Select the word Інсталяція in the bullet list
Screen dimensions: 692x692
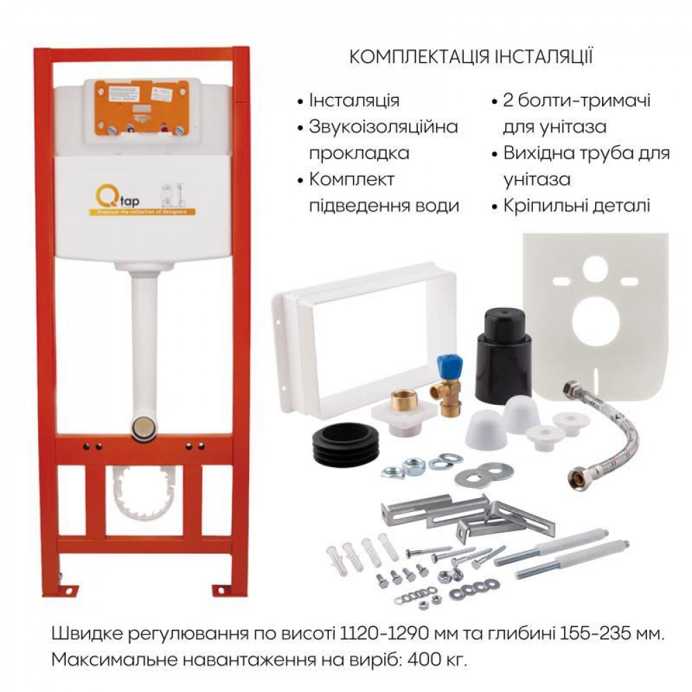click(354, 100)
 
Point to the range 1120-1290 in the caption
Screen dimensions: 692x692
click(383, 634)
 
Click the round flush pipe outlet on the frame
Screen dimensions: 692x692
click(143, 427)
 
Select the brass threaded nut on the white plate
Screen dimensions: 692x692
click(403, 400)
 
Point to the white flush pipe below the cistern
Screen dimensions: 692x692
click(145, 332)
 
